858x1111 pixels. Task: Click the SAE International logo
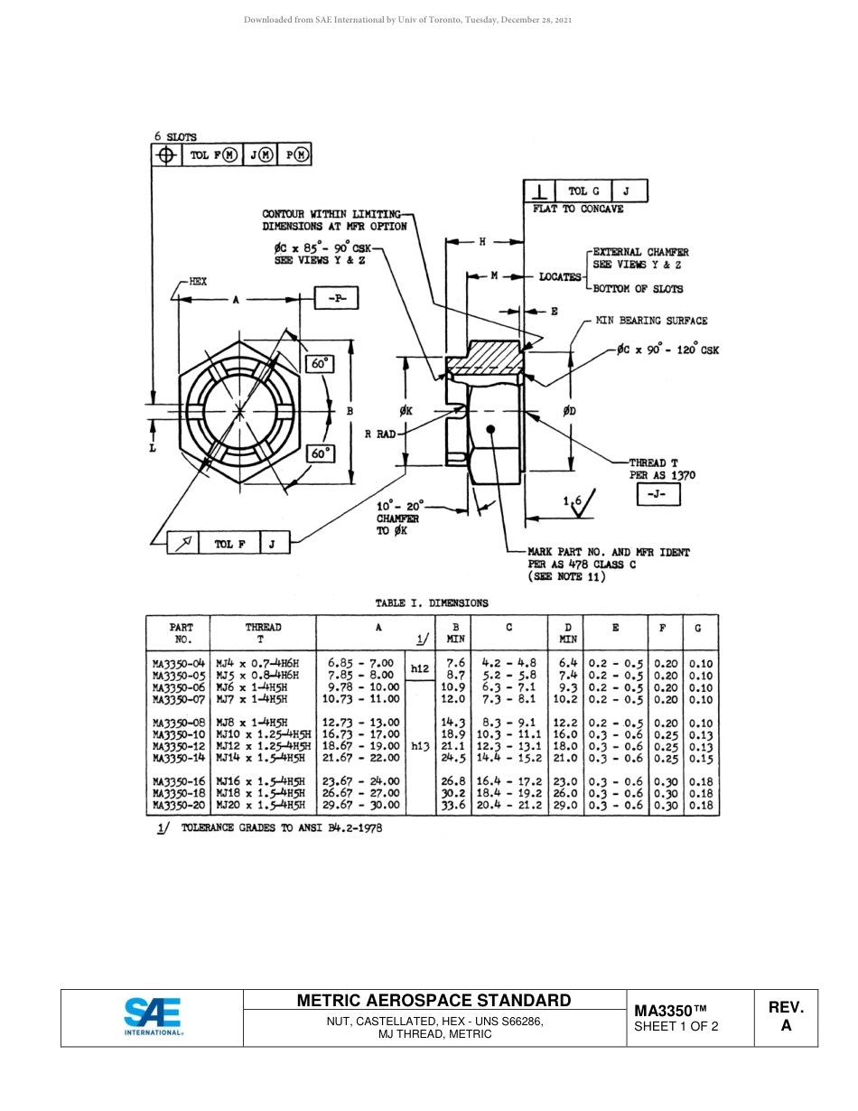(x=153, y=1017)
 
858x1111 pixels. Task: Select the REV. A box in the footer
(x=786, y=1017)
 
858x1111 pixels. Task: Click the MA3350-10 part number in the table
(x=179, y=734)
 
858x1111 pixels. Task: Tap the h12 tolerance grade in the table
(x=420, y=669)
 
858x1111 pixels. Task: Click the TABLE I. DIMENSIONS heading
(x=432, y=602)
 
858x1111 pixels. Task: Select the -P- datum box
(x=336, y=298)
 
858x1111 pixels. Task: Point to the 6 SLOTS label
(x=175, y=136)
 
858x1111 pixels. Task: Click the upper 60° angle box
(x=320, y=364)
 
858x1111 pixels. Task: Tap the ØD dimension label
(x=569, y=412)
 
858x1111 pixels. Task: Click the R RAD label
(x=379, y=434)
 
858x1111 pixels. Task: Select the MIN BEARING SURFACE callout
(x=650, y=321)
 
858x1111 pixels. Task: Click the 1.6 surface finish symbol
(x=578, y=502)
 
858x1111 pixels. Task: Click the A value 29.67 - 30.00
(x=360, y=805)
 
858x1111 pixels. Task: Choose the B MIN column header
(x=455, y=632)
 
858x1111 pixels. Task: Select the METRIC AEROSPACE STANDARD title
(x=434, y=1000)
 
